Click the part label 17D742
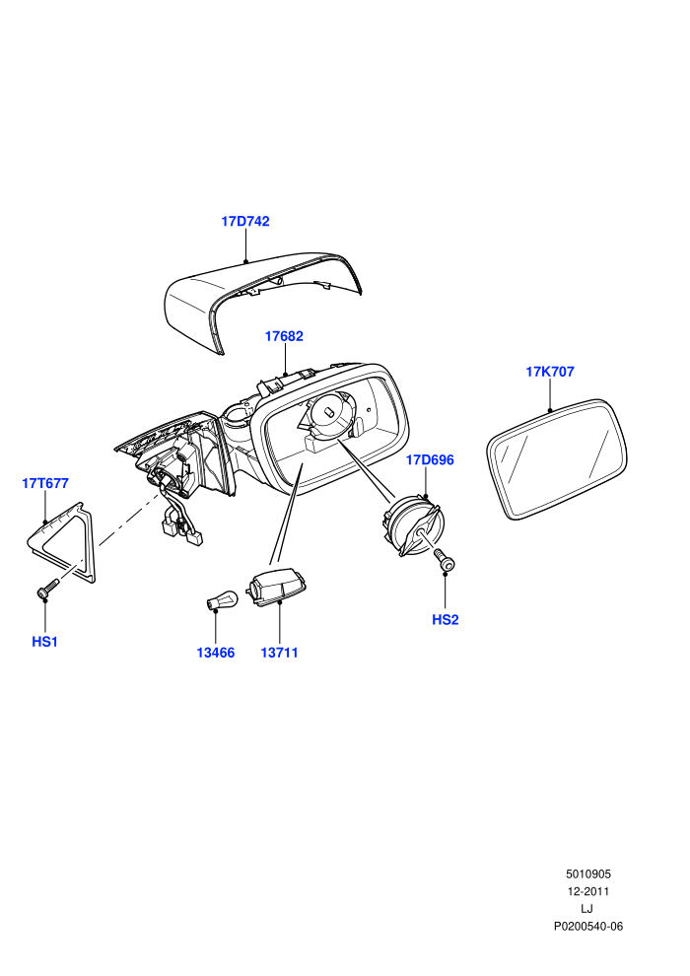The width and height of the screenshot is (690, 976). pos(245,221)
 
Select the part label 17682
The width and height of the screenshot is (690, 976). pos(284,336)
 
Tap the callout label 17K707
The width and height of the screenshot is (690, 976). pos(550,372)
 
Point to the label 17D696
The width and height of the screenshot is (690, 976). pos(430,460)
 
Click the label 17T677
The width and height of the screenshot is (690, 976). pos(45,483)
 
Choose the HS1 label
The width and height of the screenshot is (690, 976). pos(44,642)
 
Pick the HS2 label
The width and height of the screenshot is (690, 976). pos(446,620)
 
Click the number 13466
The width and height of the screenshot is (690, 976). pos(215,653)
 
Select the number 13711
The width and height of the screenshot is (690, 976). pos(279,653)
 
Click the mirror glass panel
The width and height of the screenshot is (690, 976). pos(557,459)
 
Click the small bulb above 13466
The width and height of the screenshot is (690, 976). pos(222,601)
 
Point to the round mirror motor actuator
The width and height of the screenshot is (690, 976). pos(412,525)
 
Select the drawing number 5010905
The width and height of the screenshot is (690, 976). pos(587,874)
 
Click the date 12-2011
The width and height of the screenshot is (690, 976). pos(587,891)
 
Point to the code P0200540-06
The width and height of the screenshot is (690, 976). pos(587,926)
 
